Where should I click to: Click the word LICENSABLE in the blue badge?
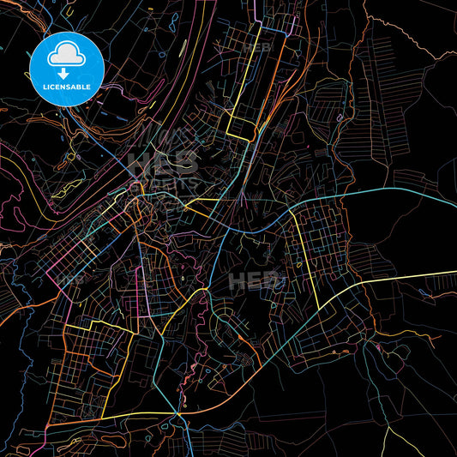tap(67, 87)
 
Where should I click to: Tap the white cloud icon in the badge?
tap(67, 55)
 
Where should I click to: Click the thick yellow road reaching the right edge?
tap(412, 278)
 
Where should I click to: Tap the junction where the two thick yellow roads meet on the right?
tap(319, 308)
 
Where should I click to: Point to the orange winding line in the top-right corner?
tap(412, 34)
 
